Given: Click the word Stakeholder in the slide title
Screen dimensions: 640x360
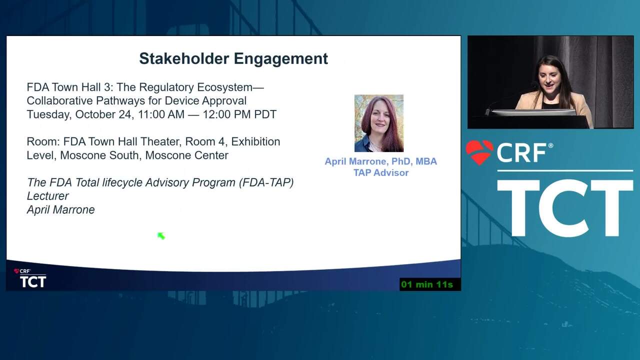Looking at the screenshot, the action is pyautogui.click(x=184, y=58).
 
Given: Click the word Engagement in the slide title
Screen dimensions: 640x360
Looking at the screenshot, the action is pyautogui.click(x=281, y=59).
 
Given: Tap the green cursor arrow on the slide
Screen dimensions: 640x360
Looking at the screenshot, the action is pyautogui.click(x=161, y=235).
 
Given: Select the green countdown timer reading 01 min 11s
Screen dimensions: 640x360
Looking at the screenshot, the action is pyautogui.click(x=427, y=284).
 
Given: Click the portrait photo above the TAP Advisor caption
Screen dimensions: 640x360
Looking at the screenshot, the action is pyautogui.click(x=379, y=123).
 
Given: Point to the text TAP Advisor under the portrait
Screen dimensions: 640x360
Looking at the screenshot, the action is pyautogui.click(x=381, y=173).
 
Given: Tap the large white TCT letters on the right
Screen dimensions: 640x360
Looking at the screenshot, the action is pyautogui.click(x=564, y=208).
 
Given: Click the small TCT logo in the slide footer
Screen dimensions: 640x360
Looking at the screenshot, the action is pyautogui.click(x=32, y=281).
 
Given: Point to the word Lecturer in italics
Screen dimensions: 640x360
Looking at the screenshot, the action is pyautogui.click(x=47, y=196).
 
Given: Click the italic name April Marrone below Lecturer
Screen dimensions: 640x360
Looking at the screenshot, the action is pyautogui.click(x=60, y=209).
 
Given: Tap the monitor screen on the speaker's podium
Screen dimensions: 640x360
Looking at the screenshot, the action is pyautogui.click(x=533, y=112).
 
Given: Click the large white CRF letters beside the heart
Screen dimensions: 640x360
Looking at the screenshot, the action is pyautogui.click(x=521, y=153).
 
